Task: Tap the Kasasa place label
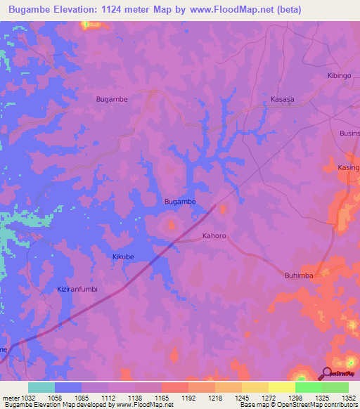[283, 100]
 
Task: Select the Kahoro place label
[214, 236]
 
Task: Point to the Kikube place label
[123, 257]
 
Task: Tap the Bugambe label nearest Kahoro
[180, 202]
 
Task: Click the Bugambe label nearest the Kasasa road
[112, 100]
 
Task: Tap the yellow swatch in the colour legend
[282, 387]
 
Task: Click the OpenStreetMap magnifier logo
[327, 373]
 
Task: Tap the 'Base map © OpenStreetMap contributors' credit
[299, 405]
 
